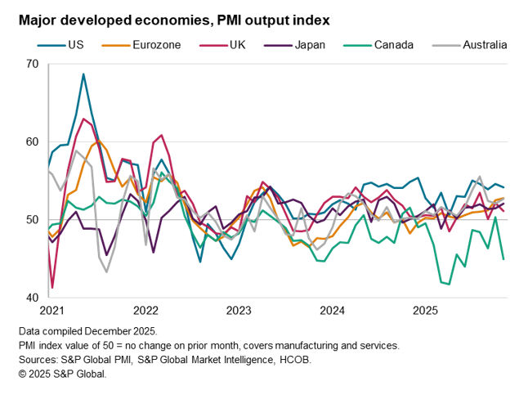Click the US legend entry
68,45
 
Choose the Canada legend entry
394,45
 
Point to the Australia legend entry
484,45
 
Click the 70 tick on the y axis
33,64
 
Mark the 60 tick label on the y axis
33,141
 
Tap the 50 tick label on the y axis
33,220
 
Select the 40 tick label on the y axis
33,298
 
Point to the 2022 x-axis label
145,312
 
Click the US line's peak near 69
83,74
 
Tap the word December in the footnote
102,332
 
